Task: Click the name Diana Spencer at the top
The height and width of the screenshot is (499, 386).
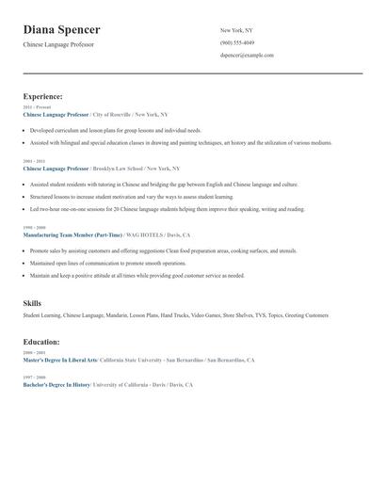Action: coord(62,30)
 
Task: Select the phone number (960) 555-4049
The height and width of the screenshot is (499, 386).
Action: coord(237,43)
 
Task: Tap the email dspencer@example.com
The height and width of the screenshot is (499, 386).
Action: coord(247,56)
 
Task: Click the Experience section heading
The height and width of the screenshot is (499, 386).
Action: coord(43,96)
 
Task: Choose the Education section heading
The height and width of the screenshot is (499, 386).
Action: coord(41,342)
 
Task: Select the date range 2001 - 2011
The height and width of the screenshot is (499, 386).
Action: coord(33,161)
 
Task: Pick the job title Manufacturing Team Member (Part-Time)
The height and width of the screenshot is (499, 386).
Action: coord(72,234)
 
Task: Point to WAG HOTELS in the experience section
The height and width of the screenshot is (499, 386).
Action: coord(143,234)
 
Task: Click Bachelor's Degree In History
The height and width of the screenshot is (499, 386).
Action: coord(56,385)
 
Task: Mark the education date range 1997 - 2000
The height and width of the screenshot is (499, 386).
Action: coord(33,378)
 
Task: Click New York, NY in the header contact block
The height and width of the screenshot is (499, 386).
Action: coord(236,30)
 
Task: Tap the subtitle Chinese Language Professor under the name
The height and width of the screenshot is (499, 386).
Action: coord(58,44)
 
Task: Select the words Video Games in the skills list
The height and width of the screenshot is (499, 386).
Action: coord(205,315)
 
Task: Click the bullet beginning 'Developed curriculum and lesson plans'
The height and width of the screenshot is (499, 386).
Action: coord(115,130)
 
